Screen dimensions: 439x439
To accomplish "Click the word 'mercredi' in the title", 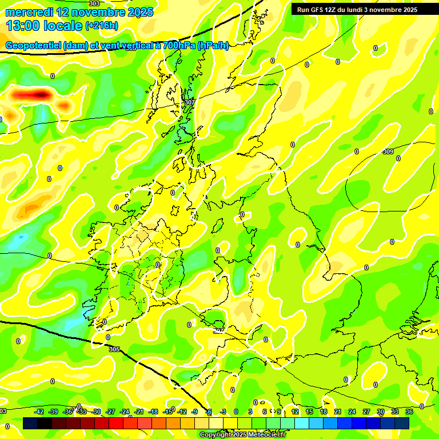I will [29, 12].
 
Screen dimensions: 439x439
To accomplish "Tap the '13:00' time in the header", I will [24, 26].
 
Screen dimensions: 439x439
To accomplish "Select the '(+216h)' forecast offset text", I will [102, 26].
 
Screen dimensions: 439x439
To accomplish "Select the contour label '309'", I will [388, 151].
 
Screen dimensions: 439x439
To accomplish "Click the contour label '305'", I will [114, 349].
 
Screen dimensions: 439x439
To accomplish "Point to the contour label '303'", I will [94, 3].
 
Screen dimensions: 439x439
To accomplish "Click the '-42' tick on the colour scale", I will [39, 412].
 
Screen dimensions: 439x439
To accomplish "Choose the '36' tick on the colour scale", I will [409, 412].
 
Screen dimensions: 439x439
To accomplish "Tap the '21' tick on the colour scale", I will [338, 412].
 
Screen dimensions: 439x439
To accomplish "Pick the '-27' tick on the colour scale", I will [111, 412].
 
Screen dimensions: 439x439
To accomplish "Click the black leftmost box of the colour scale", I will [30, 423].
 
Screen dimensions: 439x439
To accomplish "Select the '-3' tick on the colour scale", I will [224, 412].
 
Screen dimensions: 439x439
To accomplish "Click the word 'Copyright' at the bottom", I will [215, 435].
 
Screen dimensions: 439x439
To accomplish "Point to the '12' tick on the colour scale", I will [295, 412].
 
